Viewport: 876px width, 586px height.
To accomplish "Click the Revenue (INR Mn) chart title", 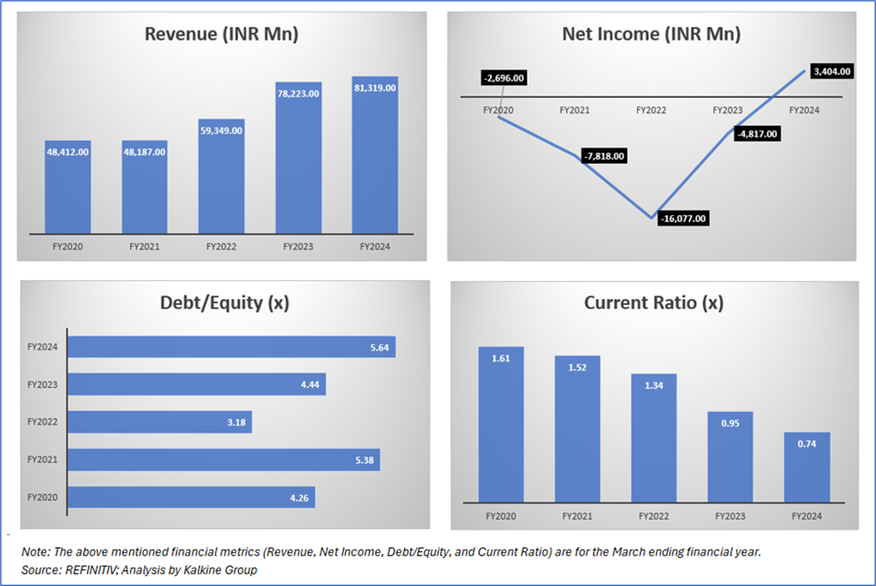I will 222,35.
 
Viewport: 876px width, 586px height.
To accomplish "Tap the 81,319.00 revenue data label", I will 374,87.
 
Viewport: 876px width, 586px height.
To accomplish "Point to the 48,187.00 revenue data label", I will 145,152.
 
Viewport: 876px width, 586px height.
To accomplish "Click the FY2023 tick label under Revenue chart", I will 298,246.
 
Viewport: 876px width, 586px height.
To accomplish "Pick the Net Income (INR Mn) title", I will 651,35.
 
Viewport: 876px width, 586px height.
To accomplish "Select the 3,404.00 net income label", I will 832,71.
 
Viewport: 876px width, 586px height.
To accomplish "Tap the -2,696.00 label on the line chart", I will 504,78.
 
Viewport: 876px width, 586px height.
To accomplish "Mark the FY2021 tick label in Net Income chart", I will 575,110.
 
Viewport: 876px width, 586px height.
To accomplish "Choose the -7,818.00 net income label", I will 605,156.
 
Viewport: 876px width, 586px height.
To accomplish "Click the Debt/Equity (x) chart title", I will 224,303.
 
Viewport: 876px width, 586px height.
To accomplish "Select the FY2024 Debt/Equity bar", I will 231,347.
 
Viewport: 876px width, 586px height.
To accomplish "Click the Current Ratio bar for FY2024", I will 807,467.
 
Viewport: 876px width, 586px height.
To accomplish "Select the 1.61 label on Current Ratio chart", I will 501,358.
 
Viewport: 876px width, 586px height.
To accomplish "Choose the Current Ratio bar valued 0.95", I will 731,457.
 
